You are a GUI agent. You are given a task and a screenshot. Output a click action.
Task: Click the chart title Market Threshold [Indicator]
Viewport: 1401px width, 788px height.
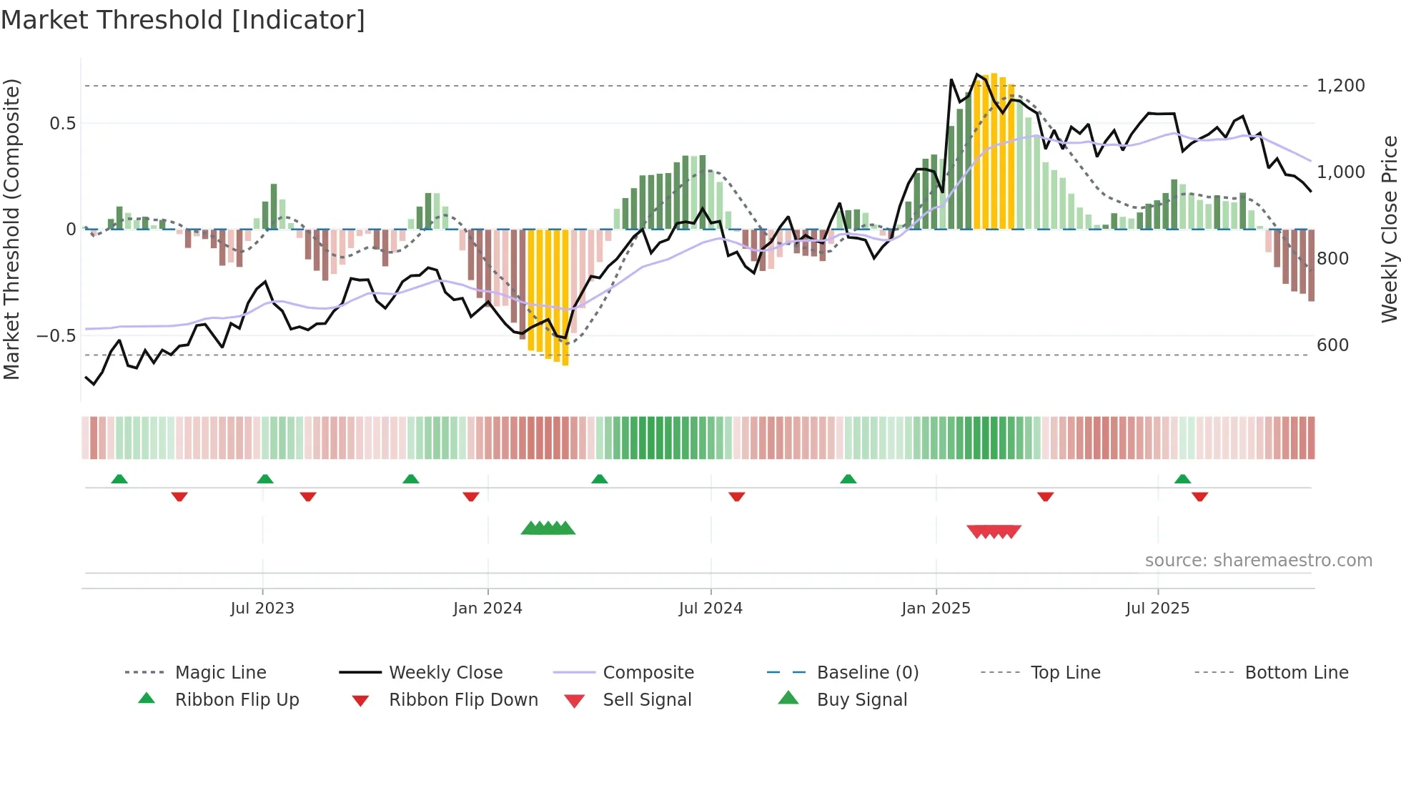click(x=183, y=20)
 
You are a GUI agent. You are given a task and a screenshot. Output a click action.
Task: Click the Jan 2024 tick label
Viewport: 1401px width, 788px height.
click(x=487, y=608)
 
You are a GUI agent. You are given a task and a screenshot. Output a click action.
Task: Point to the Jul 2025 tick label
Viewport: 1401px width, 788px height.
click(x=1157, y=608)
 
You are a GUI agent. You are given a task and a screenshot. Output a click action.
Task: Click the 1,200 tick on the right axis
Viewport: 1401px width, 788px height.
click(x=1340, y=86)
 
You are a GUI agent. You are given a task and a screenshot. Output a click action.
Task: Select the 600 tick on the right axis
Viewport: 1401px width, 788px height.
click(x=1332, y=345)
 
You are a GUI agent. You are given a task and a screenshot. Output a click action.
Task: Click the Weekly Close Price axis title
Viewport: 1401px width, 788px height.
click(x=1389, y=229)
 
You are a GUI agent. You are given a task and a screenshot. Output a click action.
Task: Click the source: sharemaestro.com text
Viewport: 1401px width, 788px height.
click(x=1258, y=560)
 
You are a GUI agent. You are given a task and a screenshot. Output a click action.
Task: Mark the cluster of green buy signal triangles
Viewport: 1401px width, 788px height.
click(x=548, y=528)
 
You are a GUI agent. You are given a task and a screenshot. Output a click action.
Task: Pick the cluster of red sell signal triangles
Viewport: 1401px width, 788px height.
click(x=994, y=531)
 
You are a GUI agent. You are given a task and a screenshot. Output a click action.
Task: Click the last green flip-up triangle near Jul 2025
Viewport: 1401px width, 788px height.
click(x=1182, y=479)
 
